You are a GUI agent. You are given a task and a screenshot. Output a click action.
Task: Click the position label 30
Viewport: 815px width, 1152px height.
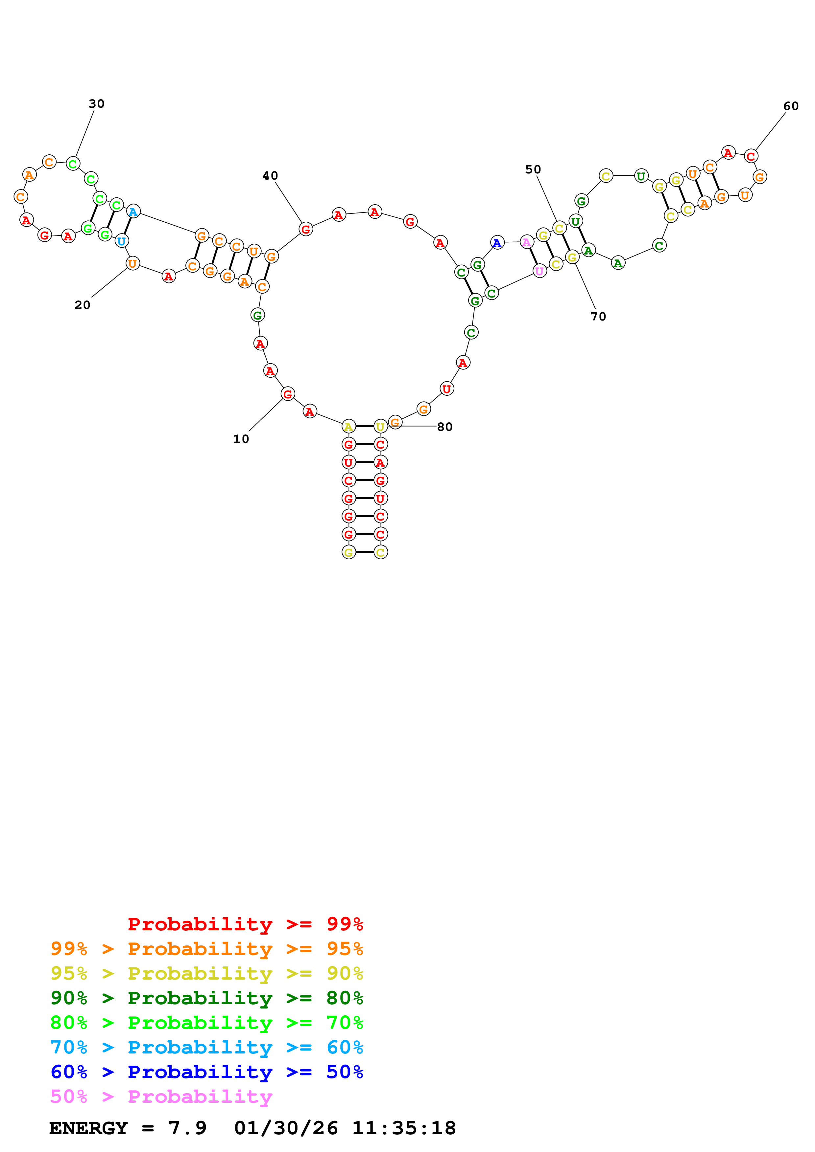(96, 104)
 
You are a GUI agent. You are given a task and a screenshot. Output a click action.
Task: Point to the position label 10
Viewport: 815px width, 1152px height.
(241, 439)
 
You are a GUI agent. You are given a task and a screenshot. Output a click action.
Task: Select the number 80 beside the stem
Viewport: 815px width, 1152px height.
(445, 427)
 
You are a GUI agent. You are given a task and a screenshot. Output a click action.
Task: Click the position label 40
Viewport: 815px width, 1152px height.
(270, 176)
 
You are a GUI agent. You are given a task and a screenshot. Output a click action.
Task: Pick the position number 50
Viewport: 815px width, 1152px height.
(533, 169)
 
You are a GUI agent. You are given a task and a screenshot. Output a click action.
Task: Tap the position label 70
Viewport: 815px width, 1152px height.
(598, 317)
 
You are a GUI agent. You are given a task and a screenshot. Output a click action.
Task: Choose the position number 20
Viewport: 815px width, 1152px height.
(82, 305)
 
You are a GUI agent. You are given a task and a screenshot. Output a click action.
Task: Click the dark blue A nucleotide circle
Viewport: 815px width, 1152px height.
(497, 243)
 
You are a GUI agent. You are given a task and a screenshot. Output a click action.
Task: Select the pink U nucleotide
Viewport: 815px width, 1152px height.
(539, 272)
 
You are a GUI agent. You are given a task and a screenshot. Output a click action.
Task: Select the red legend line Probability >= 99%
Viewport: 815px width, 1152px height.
(245, 924)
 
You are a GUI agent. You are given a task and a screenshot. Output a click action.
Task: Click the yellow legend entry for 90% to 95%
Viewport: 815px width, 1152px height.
(207, 973)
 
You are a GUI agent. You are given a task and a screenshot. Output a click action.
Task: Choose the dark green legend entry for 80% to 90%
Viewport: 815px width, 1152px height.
(207, 998)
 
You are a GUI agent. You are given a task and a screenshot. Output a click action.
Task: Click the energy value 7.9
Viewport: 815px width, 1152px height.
(187, 1128)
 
